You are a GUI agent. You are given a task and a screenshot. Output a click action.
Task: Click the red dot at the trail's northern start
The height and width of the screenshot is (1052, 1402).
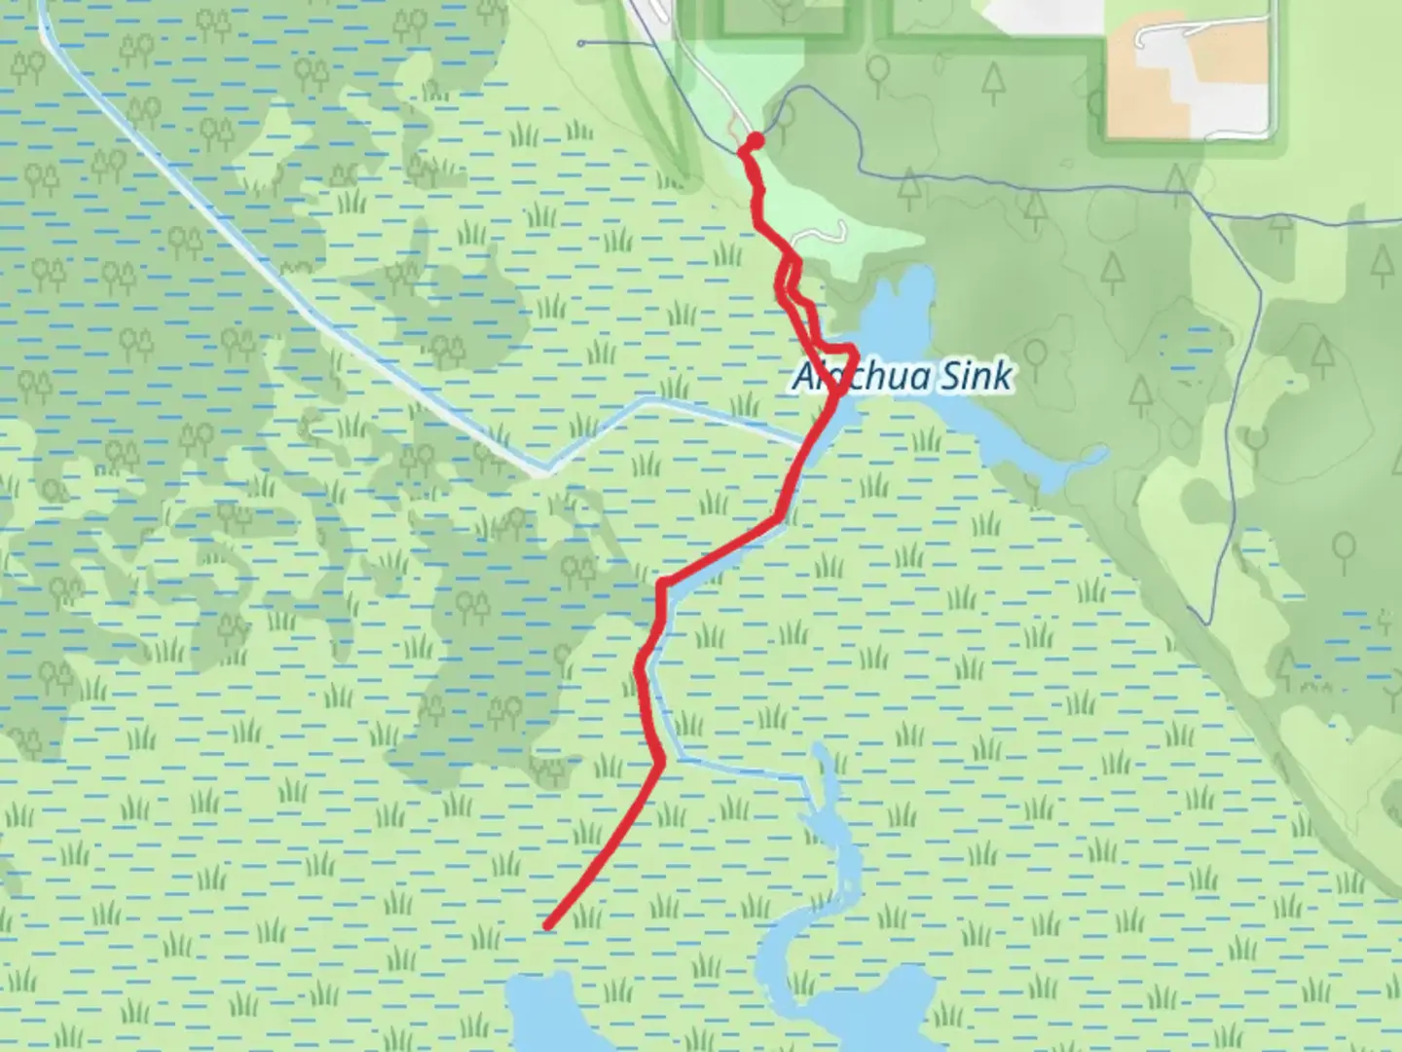pyautogui.click(x=755, y=140)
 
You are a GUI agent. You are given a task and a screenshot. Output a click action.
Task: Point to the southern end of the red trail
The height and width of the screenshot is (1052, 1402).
pyautogui.click(x=549, y=926)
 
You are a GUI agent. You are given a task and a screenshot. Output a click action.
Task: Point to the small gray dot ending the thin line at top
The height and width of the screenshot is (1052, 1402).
pyautogui.click(x=581, y=44)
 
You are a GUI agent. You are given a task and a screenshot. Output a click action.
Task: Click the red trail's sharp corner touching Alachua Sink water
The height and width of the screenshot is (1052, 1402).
pyautogui.click(x=853, y=349)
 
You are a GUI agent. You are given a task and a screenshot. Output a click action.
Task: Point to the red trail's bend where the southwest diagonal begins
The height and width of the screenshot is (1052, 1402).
pyautogui.click(x=662, y=760)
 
